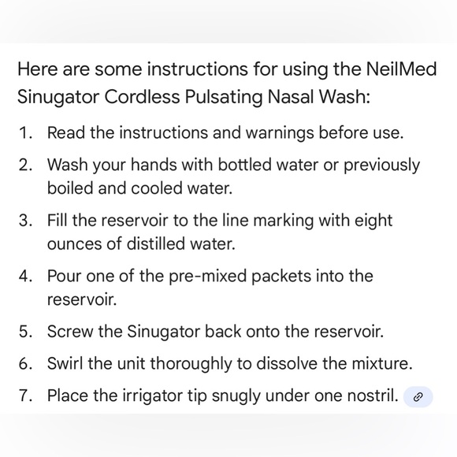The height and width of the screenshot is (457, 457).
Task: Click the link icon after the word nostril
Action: (418, 397)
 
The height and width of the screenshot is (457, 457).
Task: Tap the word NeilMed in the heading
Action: (401, 69)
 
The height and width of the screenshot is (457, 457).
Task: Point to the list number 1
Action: (25, 132)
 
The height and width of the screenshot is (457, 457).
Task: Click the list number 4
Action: (25, 277)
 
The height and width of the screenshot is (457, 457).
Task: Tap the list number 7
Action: (25, 396)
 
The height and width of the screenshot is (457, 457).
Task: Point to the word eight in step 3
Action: (373, 221)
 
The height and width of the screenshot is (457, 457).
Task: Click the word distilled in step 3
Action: (155, 244)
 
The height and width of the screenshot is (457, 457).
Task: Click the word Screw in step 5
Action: (69, 332)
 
